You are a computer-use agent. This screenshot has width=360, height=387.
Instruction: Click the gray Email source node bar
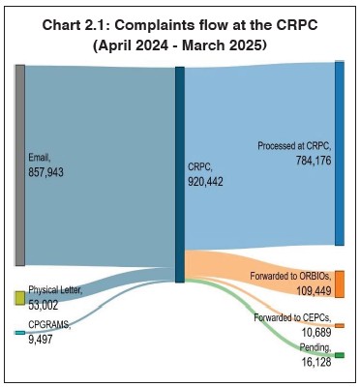19,164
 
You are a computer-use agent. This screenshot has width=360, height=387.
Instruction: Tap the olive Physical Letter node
19,298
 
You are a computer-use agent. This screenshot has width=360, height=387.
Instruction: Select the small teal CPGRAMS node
19,332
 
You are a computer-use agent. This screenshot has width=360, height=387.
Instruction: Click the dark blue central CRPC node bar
179,174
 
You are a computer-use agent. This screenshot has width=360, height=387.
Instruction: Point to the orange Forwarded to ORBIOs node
339,283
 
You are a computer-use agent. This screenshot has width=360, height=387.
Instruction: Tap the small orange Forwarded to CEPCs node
339,325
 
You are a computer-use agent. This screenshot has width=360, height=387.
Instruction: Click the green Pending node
339,356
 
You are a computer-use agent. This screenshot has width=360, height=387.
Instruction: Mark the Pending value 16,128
315,361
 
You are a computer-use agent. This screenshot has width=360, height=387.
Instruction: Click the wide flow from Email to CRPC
97,164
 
